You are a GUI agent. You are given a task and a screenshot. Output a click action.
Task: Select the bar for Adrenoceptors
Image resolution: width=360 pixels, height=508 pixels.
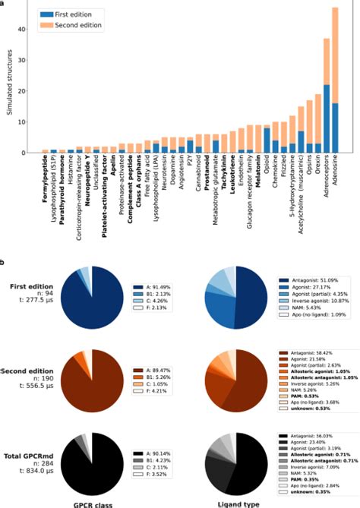tap(326, 95)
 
